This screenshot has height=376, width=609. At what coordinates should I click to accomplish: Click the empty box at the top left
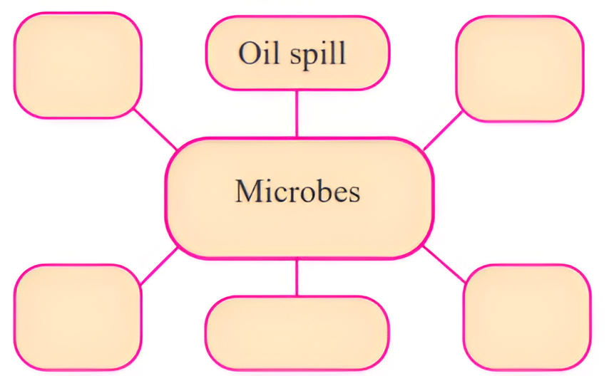77,66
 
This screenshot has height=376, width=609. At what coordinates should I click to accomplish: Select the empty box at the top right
519,68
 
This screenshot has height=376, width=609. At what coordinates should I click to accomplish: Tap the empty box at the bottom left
77,316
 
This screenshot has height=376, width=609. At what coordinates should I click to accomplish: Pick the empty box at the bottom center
297,333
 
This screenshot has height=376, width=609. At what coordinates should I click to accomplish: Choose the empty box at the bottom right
526,316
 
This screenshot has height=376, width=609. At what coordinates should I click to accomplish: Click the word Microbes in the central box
297,192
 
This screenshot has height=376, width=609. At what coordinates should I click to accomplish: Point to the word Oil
256,54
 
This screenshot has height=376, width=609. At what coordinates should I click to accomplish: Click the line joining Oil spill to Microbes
297,113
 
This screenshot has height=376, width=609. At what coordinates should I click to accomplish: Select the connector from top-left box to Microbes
155,130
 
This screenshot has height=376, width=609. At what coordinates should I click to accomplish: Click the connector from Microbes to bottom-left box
158,266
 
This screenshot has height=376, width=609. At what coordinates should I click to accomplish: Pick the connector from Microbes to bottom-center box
297,277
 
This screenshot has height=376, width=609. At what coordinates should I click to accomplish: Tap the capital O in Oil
249,54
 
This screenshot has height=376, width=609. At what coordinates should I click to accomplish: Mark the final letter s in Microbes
354,193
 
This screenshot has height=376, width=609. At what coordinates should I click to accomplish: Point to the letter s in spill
292,56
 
